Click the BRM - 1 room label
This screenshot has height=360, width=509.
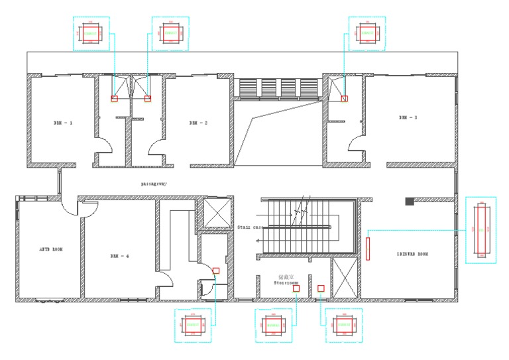tap(63, 123)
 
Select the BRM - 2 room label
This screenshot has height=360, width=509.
tap(198, 123)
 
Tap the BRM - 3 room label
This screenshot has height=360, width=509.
tap(408, 117)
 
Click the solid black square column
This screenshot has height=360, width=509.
tap(410, 201)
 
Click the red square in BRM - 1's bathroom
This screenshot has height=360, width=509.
tap(114, 99)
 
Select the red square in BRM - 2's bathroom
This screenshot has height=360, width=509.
tap(147, 99)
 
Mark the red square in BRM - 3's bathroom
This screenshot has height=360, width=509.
tap(344, 98)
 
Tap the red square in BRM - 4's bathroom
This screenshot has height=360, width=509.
tap(216, 270)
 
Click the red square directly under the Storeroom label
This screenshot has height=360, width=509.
tap(296, 288)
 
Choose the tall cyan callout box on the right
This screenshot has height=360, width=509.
tap(481, 229)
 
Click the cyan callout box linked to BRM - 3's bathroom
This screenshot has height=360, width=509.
tap(368, 32)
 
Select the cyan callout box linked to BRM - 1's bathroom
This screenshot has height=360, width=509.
tap(90, 32)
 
